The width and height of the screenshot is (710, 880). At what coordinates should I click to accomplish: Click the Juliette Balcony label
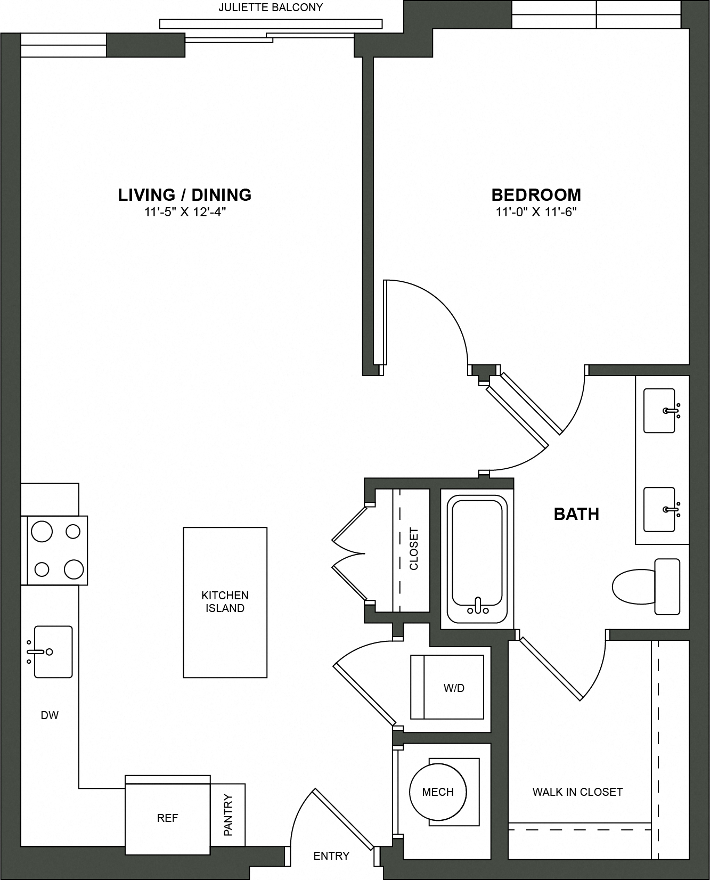(271, 8)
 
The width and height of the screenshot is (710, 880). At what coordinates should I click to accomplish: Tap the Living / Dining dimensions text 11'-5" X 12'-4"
(185, 212)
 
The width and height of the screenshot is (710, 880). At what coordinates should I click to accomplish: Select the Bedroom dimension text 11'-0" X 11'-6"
(536, 212)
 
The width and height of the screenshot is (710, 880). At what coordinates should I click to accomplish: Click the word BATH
(576, 514)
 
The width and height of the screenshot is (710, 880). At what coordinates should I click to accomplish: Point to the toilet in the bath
(644, 586)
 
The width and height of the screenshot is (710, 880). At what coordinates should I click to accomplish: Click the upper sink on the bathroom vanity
(659, 410)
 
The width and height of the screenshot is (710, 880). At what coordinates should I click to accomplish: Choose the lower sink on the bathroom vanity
(659, 509)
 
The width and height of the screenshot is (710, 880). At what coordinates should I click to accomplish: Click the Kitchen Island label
(225, 602)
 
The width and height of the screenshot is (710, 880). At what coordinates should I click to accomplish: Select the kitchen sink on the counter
(52, 651)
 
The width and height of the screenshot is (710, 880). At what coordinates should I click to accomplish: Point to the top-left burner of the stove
(42, 531)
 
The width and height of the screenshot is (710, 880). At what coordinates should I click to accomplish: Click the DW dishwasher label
(50, 715)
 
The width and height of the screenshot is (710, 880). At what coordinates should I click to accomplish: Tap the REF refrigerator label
(167, 818)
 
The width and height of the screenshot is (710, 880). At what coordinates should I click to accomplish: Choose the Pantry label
(228, 815)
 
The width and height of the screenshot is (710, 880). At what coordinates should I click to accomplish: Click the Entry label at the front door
(331, 856)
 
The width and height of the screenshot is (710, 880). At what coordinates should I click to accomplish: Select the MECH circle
(438, 792)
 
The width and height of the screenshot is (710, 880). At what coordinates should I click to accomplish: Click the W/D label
(454, 688)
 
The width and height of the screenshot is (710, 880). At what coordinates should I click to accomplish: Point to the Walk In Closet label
(577, 792)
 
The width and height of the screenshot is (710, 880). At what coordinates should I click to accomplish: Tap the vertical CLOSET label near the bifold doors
(414, 549)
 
